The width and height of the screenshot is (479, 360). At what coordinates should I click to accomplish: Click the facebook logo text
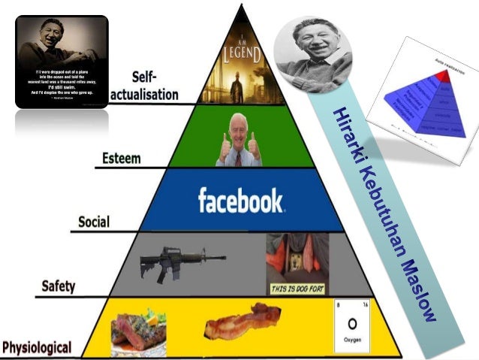[x=240, y=201]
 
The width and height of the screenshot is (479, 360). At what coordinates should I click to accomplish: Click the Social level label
[x=95, y=222]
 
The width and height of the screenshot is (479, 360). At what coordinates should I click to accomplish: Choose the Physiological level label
[x=37, y=348]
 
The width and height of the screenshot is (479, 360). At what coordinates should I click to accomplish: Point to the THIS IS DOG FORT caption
[x=295, y=289]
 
